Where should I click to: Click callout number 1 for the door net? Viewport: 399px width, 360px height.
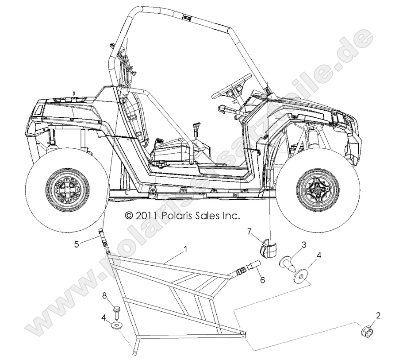click(185, 249)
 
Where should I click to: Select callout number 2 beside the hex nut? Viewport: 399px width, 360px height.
click(378, 315)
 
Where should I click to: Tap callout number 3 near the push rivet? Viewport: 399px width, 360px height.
click(304, 244)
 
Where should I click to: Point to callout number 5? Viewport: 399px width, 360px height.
click(77, 243)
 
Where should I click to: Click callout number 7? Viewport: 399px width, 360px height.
click(249, 232)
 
